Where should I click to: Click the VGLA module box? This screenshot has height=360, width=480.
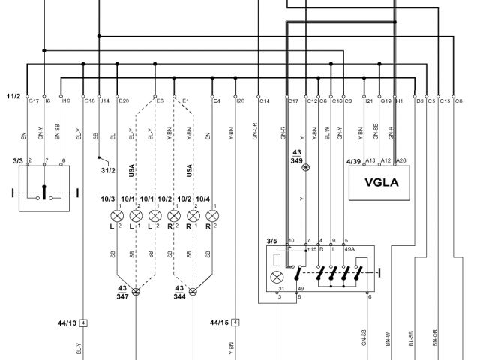(x=381, y=183)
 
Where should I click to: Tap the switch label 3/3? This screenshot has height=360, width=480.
(x=18, y=160)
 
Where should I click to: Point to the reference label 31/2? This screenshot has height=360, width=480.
(x=109, y=170)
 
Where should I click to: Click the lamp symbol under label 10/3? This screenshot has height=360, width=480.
(x=115, y=217)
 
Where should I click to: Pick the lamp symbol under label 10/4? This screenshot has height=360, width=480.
(x=212, y=217)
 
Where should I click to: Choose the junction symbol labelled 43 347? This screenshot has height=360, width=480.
(x=136, y=292)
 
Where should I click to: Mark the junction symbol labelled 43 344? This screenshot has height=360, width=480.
(x=193, y=292)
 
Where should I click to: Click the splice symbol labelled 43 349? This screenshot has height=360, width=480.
(x=305, y=168)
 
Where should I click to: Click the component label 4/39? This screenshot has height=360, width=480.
(x=352, y=161)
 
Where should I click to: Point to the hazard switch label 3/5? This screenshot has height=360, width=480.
(x=271, y=241)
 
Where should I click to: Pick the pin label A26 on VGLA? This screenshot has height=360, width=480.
(x=402, y=160)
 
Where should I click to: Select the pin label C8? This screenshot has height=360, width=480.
(x=458, y=100)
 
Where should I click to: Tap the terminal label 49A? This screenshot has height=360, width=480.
(x=349, y=249)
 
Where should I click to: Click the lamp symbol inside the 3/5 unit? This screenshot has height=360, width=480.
(x=277, y=277)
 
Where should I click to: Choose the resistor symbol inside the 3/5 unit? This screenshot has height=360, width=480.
(x=277, y=260)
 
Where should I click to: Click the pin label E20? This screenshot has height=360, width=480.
(x=124, y=100)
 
